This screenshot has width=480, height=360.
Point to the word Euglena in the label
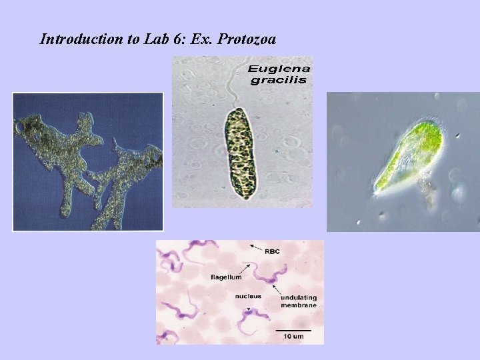point(279,69)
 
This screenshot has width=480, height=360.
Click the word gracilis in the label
point(279,80)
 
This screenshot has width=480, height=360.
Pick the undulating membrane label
point(298,300)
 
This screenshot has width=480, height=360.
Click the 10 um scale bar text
point(294,337)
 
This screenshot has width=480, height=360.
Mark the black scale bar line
point(293,329)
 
